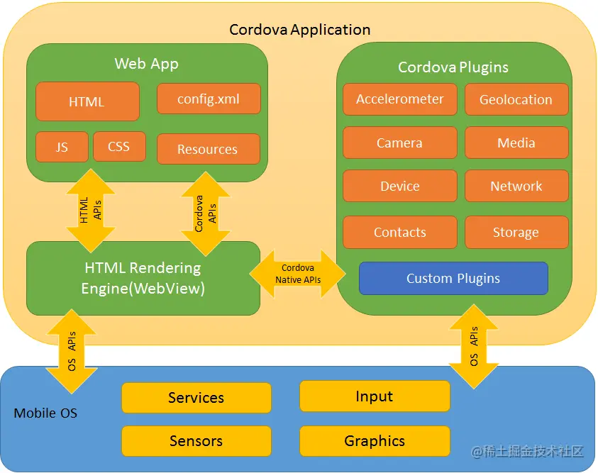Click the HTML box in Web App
pos(87,101)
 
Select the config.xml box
pos(209,99)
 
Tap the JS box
pos(62,147)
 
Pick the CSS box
pos(119,147)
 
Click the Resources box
pos(208,149)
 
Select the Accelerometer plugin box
pos(399,99)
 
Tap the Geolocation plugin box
pos(516,99)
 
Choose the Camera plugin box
pos(399,143)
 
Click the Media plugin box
pos(516,143)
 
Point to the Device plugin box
pos(399,186)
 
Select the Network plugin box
pos(516,186)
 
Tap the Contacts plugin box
pos(399,232)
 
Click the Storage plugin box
pos(516,232)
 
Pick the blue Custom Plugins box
pos(453,278)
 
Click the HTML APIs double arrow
pos(90,211)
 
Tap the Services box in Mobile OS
pos(196,398)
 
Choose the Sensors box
pos(196,441)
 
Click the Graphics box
pos(375,441)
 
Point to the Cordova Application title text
pos(299,30)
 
